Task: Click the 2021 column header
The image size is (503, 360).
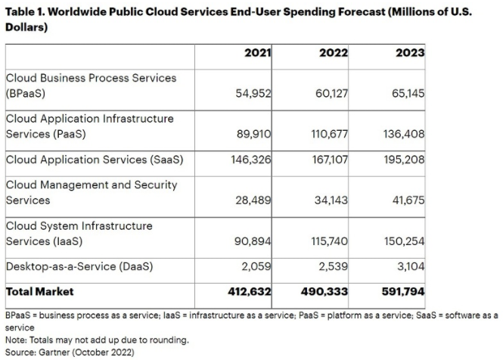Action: tap(257, 54)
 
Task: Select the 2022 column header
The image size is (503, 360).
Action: tap(334, 54)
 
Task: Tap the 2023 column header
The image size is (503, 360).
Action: tap(410, 54)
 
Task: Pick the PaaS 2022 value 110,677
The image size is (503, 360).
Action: tap(328, 134)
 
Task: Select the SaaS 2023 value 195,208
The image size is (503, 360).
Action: tap(404, 160)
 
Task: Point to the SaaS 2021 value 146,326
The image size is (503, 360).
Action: tap(251, 160)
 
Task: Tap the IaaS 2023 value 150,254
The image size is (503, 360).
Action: tap(404, 241)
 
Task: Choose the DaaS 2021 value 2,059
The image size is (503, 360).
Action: tap(257, 267)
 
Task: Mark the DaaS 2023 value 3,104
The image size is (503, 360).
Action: tap(410, 267)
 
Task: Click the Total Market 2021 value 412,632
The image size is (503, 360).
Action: tap(250, 291)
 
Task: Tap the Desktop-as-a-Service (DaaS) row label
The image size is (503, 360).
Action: tap(79, 266)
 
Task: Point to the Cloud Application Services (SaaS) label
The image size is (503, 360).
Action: tap(95, 160)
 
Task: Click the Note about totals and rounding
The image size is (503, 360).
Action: tap(96, 340)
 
